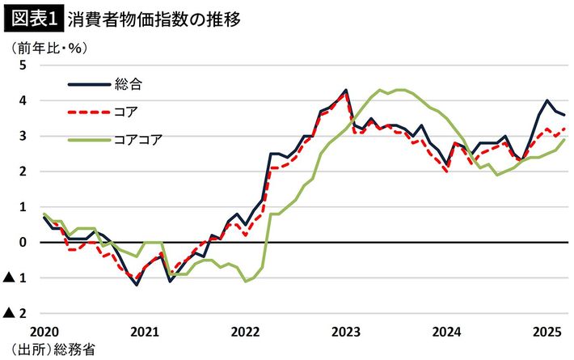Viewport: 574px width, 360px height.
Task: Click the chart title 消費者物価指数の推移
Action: (154, 17)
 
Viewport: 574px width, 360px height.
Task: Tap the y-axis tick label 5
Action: (22, 66)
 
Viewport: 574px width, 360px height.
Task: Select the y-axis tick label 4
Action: (22, 101)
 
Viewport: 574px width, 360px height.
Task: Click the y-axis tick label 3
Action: (22, 137)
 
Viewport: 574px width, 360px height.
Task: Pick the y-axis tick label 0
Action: (22, 243)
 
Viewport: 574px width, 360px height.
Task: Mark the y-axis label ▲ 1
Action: (16, 278)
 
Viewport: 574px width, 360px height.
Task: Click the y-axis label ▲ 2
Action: (16, 314)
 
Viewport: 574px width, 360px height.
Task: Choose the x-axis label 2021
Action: (145, 332)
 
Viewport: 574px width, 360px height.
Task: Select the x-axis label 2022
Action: (246, 332)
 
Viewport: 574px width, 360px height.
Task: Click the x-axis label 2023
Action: (347, 332)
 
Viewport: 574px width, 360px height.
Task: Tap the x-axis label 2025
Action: (547, 332)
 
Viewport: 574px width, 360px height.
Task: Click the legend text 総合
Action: (129, 83)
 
